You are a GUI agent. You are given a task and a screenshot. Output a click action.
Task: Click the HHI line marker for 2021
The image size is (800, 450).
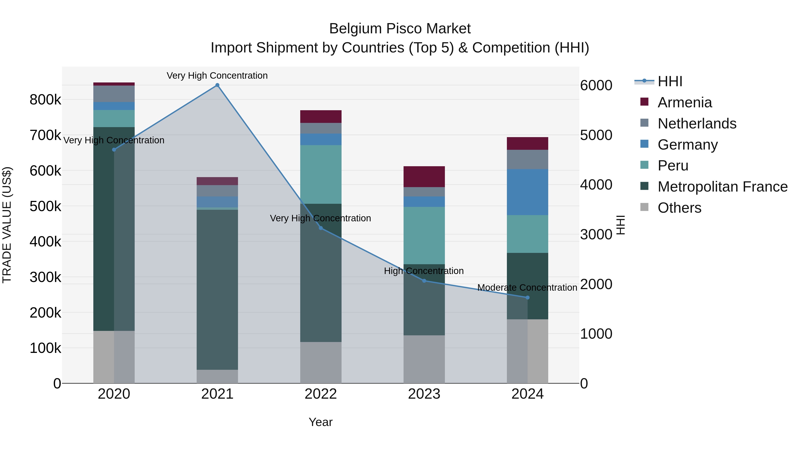pos(217,85)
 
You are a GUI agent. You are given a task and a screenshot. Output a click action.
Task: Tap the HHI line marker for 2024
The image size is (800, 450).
pos(527,298)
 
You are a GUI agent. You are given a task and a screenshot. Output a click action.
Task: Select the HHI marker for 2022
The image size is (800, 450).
pos(321,228)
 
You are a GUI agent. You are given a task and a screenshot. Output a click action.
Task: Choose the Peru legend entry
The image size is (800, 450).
pos(673,166)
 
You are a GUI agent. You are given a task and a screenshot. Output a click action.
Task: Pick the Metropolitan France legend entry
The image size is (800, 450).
pos(722,187)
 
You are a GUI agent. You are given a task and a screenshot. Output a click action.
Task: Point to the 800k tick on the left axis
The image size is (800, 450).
pos(45,100)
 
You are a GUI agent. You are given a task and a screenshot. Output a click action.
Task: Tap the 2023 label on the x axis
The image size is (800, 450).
pos(424,394)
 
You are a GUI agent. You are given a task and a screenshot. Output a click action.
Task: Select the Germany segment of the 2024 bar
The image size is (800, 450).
pos(527,192)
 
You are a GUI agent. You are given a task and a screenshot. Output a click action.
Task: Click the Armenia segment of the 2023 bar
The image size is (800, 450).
pos(424,176)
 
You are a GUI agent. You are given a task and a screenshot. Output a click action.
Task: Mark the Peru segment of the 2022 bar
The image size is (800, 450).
pos(321,174)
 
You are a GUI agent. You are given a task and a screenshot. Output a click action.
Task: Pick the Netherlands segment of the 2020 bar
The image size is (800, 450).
pos(114,94)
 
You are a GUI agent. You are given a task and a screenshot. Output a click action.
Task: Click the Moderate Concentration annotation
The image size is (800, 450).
pos(527,288)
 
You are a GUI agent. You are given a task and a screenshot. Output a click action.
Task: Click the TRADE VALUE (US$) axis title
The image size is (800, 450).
pos(7,225)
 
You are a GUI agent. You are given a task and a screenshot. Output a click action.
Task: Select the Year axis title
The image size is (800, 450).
pos(320,422)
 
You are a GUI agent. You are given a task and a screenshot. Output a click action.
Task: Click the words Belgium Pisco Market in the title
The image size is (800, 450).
pos(400,29)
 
